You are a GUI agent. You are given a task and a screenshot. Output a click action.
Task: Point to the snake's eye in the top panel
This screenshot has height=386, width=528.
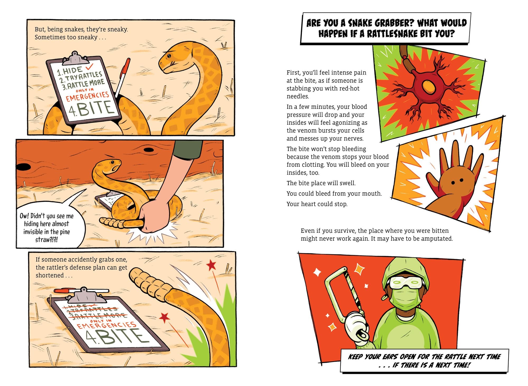click(168, 56)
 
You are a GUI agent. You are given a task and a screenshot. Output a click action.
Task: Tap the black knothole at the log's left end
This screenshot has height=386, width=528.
click(23, 167)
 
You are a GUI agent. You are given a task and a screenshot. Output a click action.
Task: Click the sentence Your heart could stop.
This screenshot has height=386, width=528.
click(317, 204)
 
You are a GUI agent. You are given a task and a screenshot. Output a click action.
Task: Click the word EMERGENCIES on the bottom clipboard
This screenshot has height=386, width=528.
click(106, 328)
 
